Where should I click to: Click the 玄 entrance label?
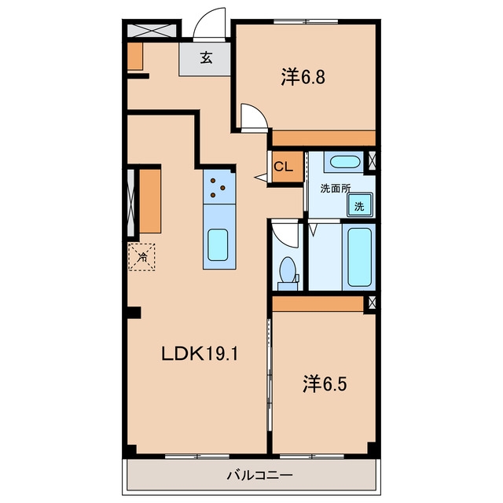206,57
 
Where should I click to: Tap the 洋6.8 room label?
303,77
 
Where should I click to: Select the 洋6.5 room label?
325,384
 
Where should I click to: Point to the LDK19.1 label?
199,354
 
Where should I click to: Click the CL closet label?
283,167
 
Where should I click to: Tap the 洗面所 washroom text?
336,189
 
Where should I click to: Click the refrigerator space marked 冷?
141,257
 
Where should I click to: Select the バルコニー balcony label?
260,475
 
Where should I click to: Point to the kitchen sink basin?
218,244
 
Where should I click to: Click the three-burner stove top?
218,187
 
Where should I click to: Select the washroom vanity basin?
345,162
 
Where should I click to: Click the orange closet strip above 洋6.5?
318,304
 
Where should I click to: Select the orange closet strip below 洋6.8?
324,138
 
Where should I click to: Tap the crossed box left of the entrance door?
152,31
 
